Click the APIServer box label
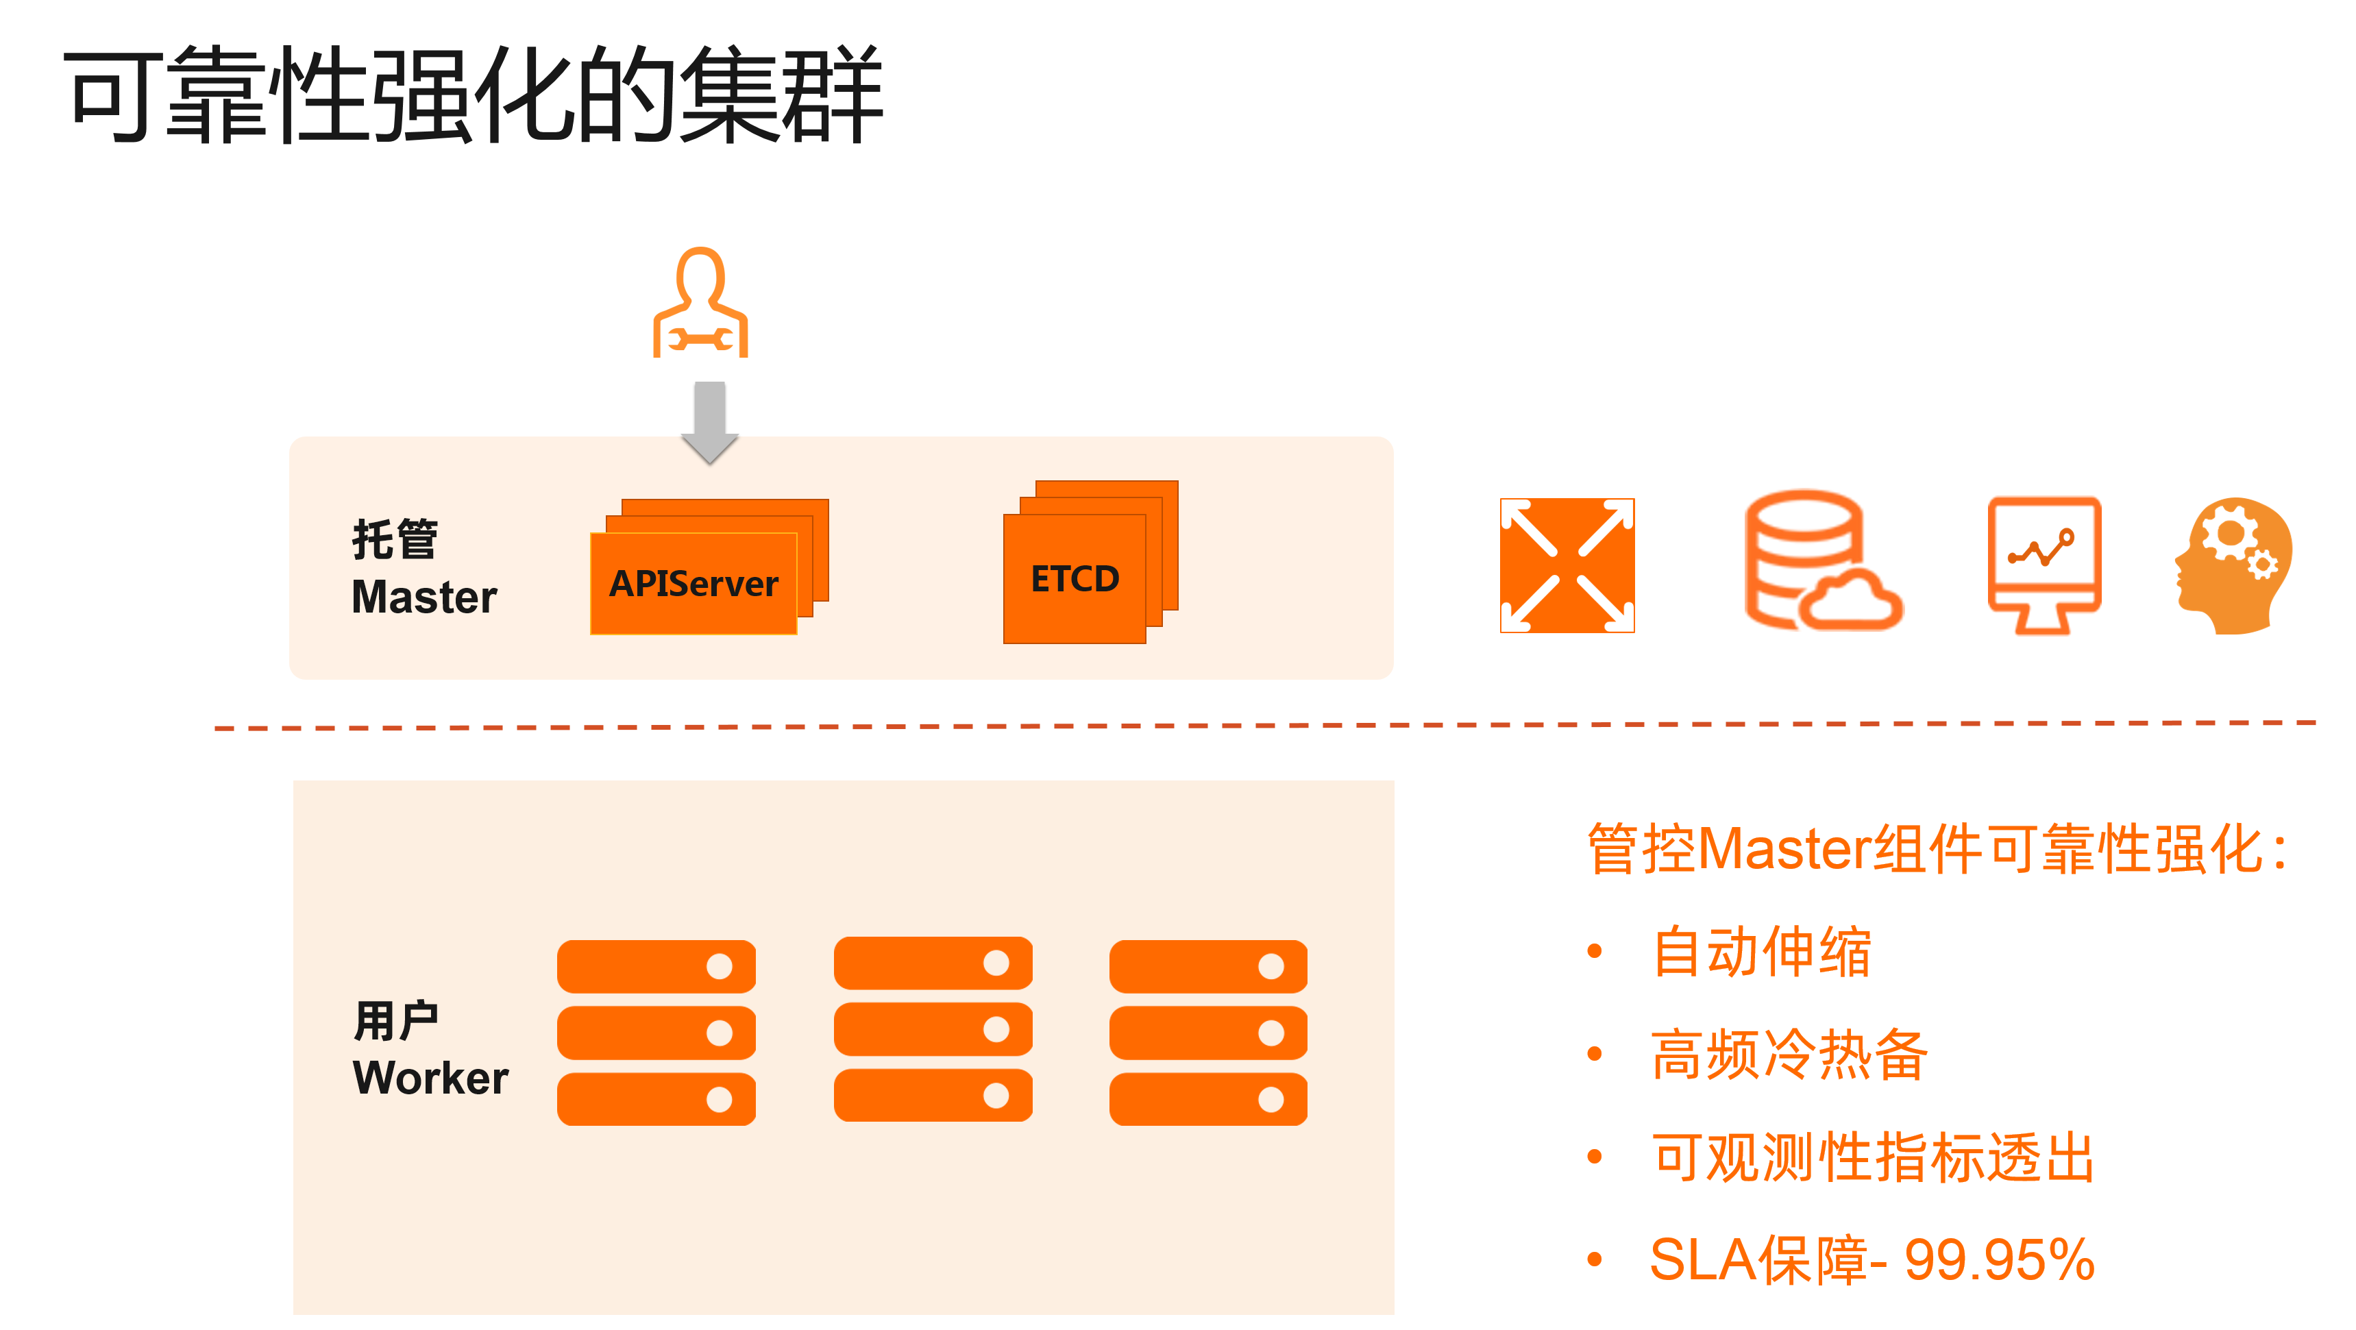pos(694,584)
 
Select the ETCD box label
pos(1075,579)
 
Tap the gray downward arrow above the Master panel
pos(710,421)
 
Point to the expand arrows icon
pos(1567,565)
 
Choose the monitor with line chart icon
pos(2044,563)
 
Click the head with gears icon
pos(2233,565)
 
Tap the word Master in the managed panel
pos(424,598)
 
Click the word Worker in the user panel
pos(430,1078)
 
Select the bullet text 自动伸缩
pos(1761,951)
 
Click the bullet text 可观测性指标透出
pos(1872,1157)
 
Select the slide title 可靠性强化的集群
pos(474,94)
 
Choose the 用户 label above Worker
pos(395,1020)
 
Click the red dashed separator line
pos(1262,726)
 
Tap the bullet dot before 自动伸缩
pos(1594,951)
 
